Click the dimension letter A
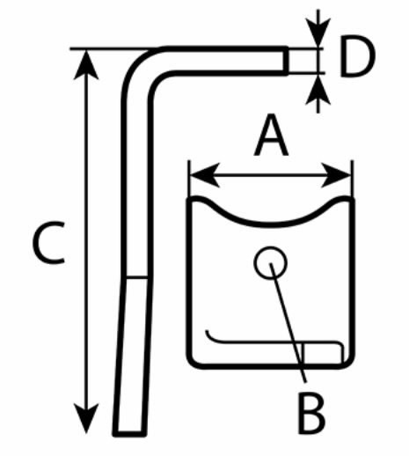pos(271,136)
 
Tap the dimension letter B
pos(311,414)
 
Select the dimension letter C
pos(48,243)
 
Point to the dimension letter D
pos(357,56)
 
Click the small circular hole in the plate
pos(270,262)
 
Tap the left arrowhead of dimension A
pos(205,175)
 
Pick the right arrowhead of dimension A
pos(336,175)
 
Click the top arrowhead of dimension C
pos(86,64)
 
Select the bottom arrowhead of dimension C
pos(86,418)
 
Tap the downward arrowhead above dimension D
pos(318,33)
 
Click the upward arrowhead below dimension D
pos(318,89)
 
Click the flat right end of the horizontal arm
pos(286,61)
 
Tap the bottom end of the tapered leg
pos(129,433)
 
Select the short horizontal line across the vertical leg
pos(136,277)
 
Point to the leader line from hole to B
pos(288,322)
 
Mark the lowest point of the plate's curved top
pos(270,224)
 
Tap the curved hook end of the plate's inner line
pos(210,337)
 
